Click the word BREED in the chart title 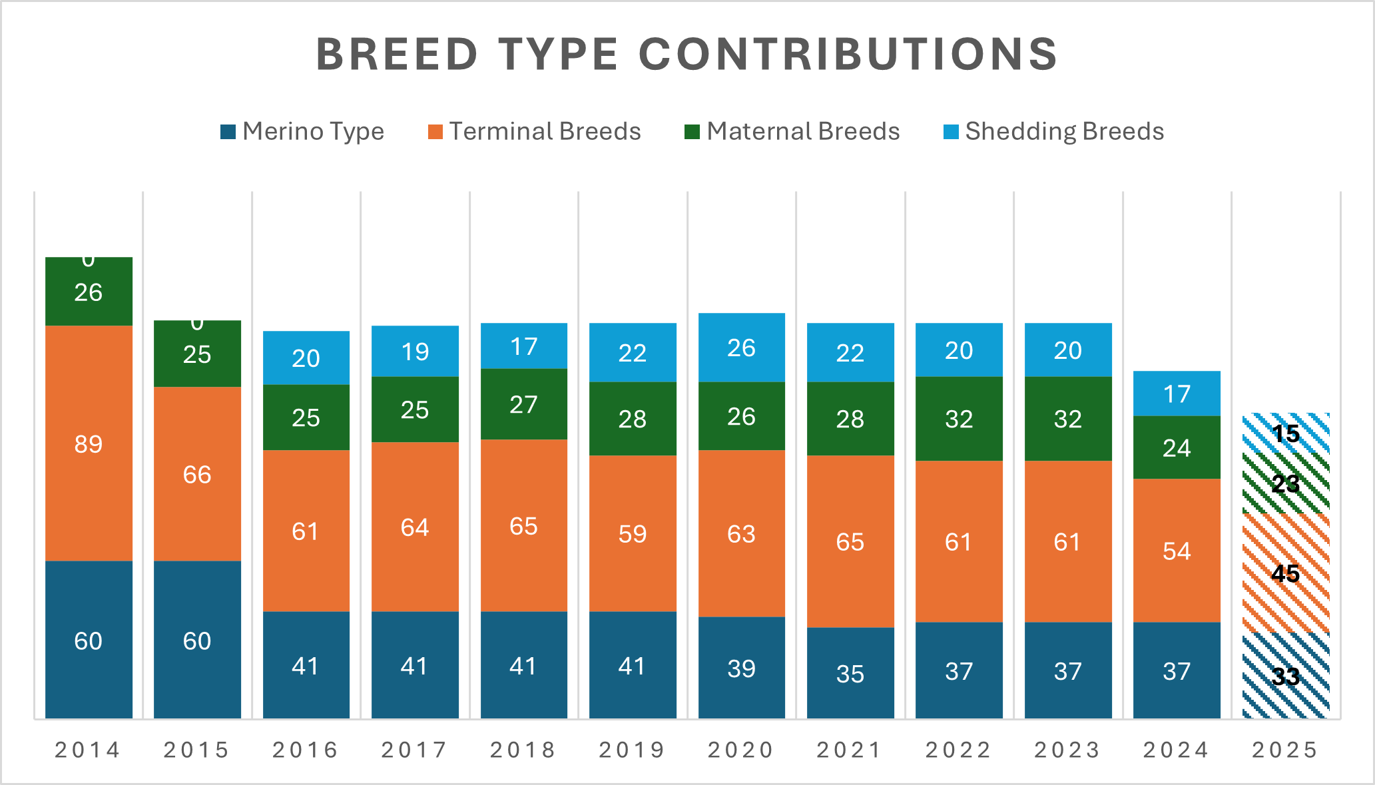[x=397, y=54]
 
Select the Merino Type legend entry [x=303, y=131]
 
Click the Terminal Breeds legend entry [x=535, y=131]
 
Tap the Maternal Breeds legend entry [x=792, y=131]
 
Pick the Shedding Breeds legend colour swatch [x=951, y=132]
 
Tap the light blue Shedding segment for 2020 [x=741, y=348]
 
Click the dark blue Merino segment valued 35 [x=850, y=673]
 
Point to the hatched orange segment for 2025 [x=1285, y=573]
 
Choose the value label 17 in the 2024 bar [x=1177, y=394]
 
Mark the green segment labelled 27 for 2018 [x=523, y=405]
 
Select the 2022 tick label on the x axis [x=959, y=750]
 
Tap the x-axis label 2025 [x=1285, y=750]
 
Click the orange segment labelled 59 [x=633, y=534]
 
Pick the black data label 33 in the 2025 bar [x=1285, y=676]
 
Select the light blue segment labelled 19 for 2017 [x=415, y=352]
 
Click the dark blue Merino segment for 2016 [x=306, y=666]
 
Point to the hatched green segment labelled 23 [x=1285, y=484]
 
